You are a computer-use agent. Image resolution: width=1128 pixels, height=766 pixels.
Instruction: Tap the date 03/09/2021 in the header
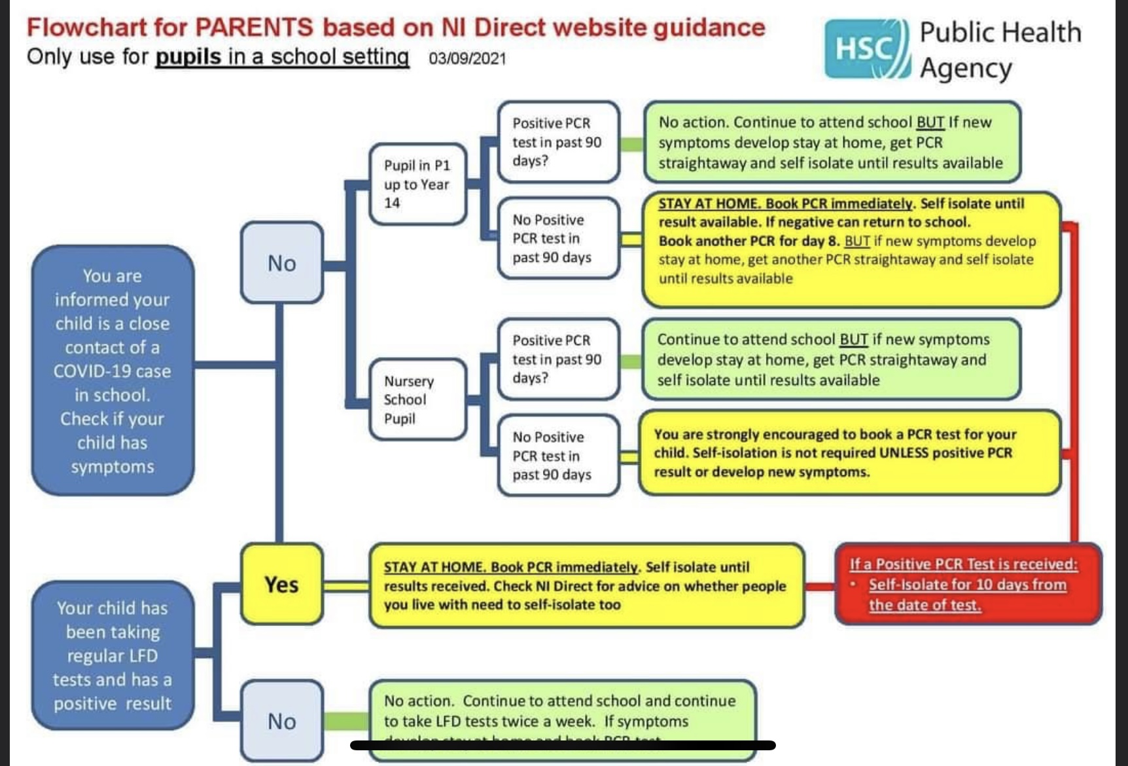click(467, 59)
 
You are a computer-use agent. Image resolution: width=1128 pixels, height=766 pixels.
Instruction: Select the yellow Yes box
click(282, 584)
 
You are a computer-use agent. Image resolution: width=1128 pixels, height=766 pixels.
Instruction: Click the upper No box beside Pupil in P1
click(282, 263)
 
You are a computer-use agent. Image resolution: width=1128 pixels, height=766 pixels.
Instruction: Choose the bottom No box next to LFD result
click(282, 720)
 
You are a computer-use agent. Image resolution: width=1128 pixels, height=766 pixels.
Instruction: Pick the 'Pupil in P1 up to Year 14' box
click(417, 184)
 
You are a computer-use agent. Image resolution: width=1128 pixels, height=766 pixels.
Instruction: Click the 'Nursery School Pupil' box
click(417, 399)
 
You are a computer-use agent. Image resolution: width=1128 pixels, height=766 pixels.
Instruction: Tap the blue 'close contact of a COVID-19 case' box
click(113, 371)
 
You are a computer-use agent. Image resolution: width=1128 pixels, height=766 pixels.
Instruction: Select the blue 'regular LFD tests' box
click(113, 655)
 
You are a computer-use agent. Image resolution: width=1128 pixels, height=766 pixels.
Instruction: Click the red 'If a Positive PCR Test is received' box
click(968, 584)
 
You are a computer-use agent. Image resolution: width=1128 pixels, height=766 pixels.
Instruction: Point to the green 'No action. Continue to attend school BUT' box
click(832, 142)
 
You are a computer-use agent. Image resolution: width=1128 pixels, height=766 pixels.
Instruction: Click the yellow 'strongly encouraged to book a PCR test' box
click(849, 452)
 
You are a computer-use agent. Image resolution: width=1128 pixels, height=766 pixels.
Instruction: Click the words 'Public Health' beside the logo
click(1000, 32)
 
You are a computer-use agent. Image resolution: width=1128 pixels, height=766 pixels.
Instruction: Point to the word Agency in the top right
click(966, 68)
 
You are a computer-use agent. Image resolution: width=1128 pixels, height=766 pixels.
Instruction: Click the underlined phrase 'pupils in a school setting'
click(282, 57)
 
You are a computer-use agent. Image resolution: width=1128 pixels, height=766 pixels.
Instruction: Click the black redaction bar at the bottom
click(563, 745)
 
